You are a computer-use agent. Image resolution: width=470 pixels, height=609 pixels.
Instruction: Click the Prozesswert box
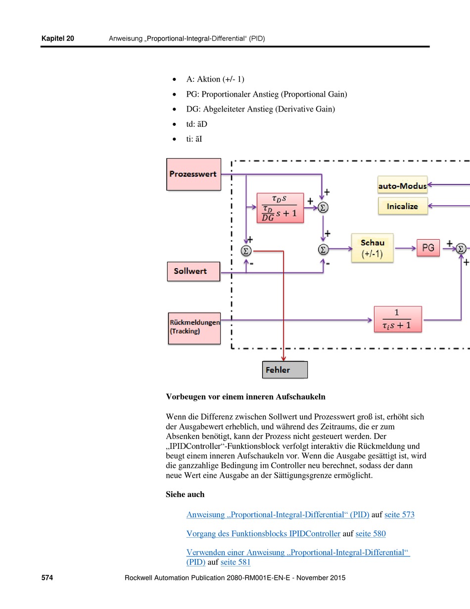point(193,174)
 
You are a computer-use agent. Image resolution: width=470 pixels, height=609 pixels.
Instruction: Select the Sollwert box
point(193,271)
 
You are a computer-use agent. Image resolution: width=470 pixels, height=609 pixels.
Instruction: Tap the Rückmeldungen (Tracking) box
point(194,328)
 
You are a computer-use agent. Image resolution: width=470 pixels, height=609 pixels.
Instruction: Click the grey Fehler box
point(285,370)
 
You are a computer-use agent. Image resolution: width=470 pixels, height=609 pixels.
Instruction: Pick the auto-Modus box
point(402,185)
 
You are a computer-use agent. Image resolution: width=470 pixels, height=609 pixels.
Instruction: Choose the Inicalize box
point(403,206)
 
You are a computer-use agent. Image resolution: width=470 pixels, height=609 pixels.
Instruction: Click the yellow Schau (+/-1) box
point(373,248)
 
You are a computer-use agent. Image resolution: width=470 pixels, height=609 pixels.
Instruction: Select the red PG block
point(428,248)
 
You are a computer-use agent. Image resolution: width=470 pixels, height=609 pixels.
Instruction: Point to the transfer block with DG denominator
point(280,208)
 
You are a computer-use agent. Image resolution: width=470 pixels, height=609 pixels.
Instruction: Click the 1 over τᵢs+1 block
point(398,319)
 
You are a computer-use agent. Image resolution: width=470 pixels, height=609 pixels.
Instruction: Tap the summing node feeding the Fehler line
point(246,251)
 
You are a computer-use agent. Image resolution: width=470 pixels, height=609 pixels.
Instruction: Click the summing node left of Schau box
point(323,249)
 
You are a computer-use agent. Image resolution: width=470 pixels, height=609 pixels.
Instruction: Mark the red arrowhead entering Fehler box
point(283,359)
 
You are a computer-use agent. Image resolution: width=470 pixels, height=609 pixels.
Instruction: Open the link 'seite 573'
point(399,514)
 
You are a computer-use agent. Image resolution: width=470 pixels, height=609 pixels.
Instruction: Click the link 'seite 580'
point(371,534)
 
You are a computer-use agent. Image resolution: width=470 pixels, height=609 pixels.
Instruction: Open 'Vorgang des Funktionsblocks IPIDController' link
point(263,534)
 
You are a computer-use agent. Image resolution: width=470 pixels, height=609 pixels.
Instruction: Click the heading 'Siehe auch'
point(185,494)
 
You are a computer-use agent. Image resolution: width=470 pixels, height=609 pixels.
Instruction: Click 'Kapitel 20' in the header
point(57,38)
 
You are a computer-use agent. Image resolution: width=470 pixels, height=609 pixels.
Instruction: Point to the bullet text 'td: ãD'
point(197,124)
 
